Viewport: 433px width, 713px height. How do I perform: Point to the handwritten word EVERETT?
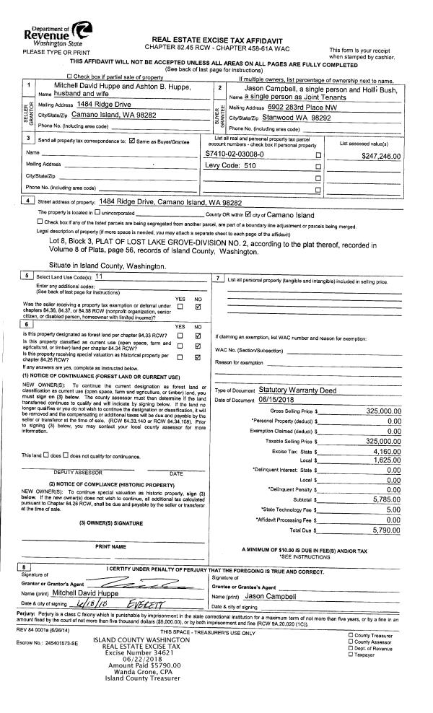[147, 603]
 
